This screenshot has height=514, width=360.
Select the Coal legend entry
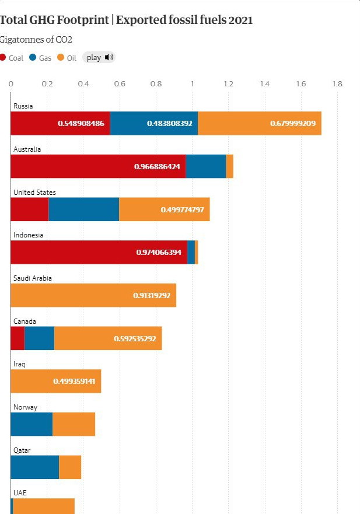pyautogui.click(x=12, y=58)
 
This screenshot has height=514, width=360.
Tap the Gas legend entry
pyautogui.click(x=40, y=58)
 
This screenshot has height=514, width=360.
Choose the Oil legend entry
pyautogui.click(x=67, y=58)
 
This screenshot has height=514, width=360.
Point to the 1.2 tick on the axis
pyautogui.click(x=228, y=84)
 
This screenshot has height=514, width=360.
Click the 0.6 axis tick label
pyautogui.click(x=120, y=84)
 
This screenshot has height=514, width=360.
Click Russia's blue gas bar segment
pyautogui.click(x=153, y=123)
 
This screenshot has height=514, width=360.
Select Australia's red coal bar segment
pyautogui.click(x=98, y=166)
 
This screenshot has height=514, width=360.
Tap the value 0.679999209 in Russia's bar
pyautogui.click(x=293, y=123)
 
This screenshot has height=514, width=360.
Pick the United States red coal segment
pyautogui.click(x=29, y=209)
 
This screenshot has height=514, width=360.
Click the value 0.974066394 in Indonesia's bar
pyautogui.click(x=159, y=252)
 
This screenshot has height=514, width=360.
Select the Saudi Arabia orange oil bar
pyautogui.click(x=93, y=295)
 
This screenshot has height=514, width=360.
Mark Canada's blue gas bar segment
pyautogui.click(x=39, y=338)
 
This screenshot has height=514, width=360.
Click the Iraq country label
pyautogui.click(x=19, y=364)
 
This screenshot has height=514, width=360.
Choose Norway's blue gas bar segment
pyautogui.click(x=32, y=424)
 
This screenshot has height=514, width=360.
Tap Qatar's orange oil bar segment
pyautogui.click(x=70, y=467)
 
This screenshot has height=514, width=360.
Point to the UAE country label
pyautogui.click(x=20, y=493)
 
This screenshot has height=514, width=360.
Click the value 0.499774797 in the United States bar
pyautogui.click(x=183, y=209)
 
